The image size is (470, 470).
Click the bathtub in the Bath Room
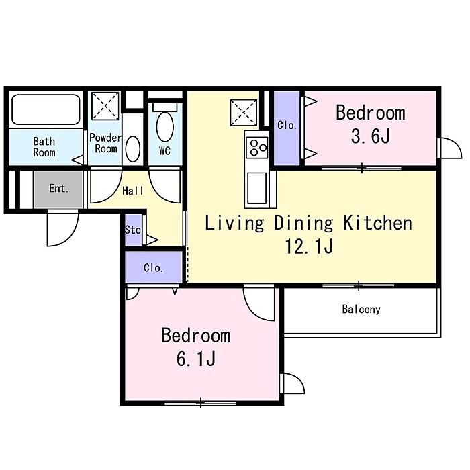[x=46, y=109]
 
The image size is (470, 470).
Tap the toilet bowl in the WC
[x=165, y=127]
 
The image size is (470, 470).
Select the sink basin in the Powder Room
[x=133, y=149]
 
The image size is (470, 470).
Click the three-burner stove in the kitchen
[x=257, y=148]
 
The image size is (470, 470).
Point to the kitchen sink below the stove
[x=256, y=188]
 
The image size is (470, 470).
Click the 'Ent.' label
[x=59, y=189]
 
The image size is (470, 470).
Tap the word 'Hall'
[x=133, y=191]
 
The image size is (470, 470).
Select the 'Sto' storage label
[x=133, y=230]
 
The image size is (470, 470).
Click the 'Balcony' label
[x=361, y=309]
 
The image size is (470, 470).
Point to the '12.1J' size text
[x=309, y=246]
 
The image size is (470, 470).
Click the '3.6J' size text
[x=371, y=136]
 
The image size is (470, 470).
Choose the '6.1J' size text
[x=196, y=359]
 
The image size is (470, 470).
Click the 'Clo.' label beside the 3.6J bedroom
[x=287, y=125]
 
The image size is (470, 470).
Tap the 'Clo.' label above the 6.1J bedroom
[x=154, y=267]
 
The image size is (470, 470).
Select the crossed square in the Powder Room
[x=105, y=106]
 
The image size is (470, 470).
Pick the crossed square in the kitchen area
[x=243, y=112]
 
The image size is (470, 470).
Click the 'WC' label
[x=165, y=151]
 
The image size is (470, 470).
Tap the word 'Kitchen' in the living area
[x=377, y=224]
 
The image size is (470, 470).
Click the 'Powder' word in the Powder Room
[x=105, y=138]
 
